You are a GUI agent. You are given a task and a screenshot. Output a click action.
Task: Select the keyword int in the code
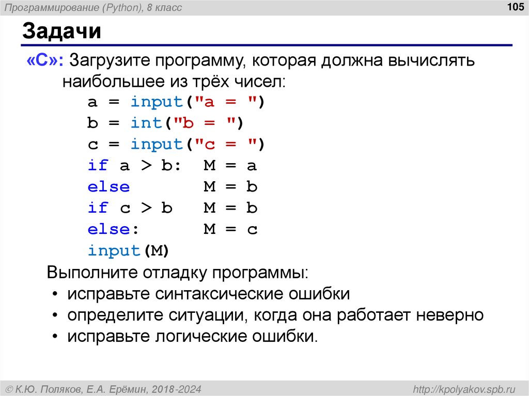pos(147,123)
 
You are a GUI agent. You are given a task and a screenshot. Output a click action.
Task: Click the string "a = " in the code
pos(223,102)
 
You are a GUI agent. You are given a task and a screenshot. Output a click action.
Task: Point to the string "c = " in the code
pos(223,144)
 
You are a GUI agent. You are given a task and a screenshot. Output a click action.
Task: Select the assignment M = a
pos(230,166)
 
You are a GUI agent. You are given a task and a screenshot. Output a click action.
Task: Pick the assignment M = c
pos(230,229)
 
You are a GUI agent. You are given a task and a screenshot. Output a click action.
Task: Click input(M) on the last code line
pos(129,250)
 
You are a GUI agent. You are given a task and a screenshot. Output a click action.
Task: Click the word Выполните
pos(92,272)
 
